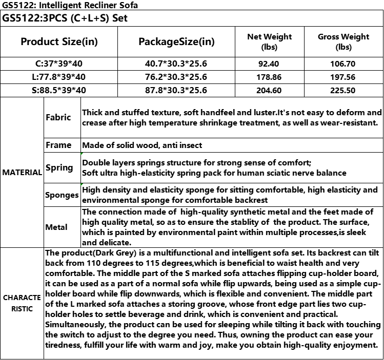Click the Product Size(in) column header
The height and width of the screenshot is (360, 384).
point(59,41)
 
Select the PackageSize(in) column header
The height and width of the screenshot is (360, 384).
point(176,41)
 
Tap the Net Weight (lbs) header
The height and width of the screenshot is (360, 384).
point(269,41)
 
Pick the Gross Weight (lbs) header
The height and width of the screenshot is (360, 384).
point(343,41)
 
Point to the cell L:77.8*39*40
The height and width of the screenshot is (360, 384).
point(59,77)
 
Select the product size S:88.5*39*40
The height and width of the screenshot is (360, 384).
point(59,90)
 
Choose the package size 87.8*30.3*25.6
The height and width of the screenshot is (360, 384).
point(176,90)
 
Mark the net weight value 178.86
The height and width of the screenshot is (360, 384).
point(269,77)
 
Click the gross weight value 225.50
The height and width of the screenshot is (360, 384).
point(343,90)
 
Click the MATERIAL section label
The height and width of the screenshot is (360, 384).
point(22,173)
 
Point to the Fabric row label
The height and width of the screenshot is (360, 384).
point(58,117)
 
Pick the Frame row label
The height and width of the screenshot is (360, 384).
point(58,145)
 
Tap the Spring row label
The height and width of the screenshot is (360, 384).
point(59,167)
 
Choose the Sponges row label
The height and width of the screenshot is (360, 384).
point(62,195)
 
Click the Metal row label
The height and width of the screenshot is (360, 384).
point(56,227)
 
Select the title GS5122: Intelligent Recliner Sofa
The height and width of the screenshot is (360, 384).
point(69,5)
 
